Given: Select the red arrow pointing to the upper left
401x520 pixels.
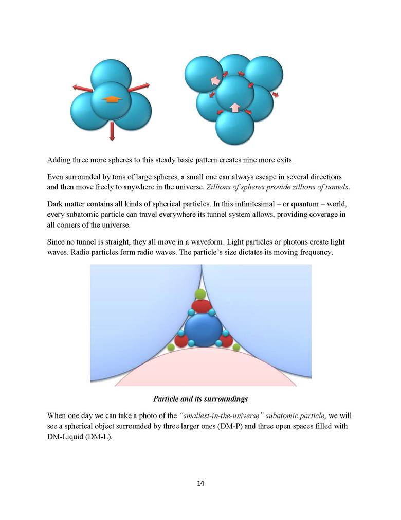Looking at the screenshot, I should point(82,89).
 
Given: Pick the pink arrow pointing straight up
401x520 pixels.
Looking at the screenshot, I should point(234,108).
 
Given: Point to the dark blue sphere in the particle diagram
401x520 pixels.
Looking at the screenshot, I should point(203,330).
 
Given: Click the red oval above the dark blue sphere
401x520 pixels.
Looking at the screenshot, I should point(202,306).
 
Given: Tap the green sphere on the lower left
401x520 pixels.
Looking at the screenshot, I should point(171,348).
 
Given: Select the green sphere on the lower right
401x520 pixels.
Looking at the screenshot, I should point(236,348).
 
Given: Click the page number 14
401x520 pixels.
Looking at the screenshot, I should point(200,483).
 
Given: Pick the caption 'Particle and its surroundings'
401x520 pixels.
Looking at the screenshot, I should point(200,399).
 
